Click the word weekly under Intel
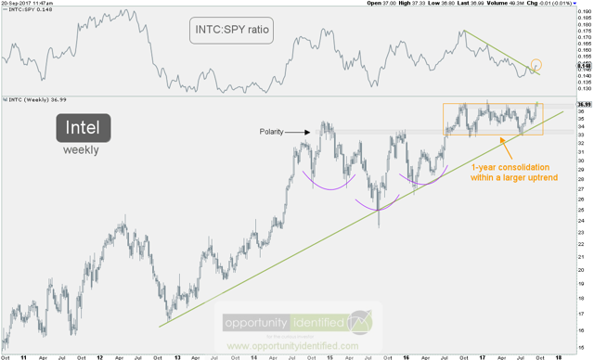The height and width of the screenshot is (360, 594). tap(80, 149)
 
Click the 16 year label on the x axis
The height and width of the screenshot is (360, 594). tap(406, 355)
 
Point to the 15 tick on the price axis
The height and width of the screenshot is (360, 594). tap(582, 347)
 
